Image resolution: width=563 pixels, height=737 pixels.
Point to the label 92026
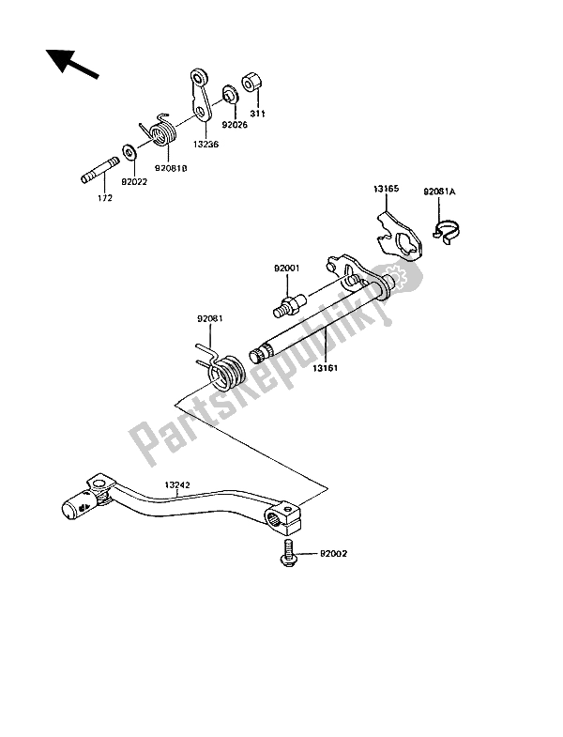coord(234,122)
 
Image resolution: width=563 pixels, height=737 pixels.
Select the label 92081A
coord(438,191)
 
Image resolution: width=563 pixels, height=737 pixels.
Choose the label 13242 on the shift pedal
coord(179,485)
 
